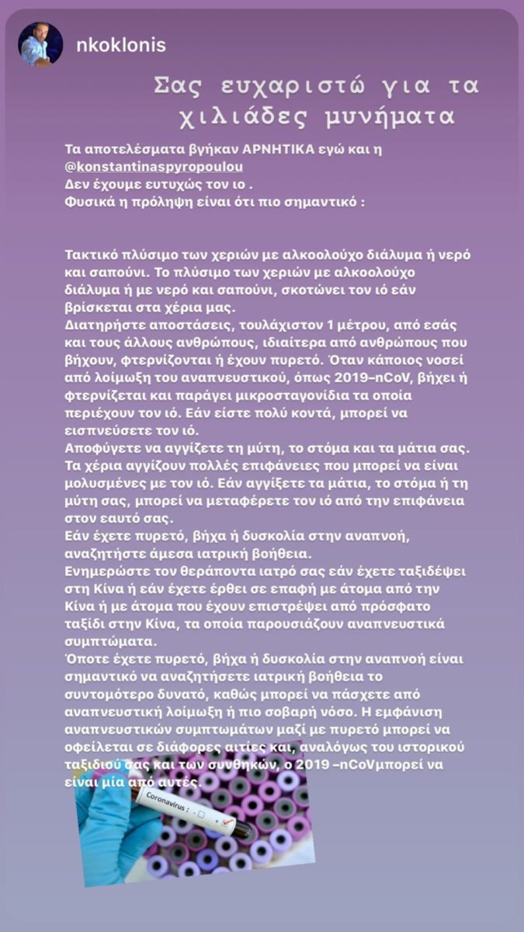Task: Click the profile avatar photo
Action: point(40,44)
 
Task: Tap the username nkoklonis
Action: point(120,45)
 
